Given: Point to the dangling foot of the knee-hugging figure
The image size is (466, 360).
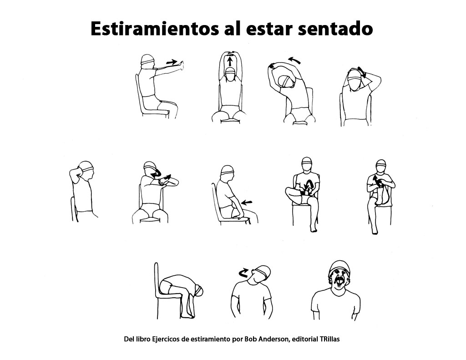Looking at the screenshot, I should coord(374,230).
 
